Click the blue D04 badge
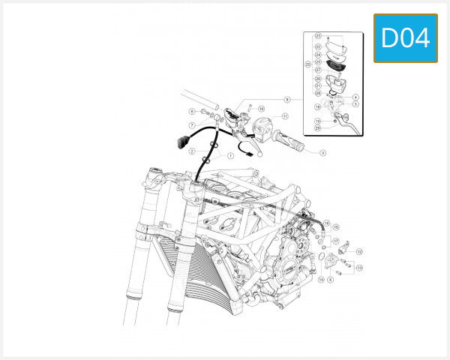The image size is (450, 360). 406,37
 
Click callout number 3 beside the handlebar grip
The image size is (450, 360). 322,152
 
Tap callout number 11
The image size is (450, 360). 286,116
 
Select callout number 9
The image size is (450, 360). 286,99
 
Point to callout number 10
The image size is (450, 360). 261,109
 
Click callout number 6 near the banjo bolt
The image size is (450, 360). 192,112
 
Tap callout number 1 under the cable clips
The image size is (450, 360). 230,156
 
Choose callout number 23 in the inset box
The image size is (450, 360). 318,35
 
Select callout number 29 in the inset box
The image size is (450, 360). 318,127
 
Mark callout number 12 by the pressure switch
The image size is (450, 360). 359,251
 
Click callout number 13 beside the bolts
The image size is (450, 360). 359,268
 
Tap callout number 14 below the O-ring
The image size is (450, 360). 320,280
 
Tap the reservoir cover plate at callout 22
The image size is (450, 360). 337,47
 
